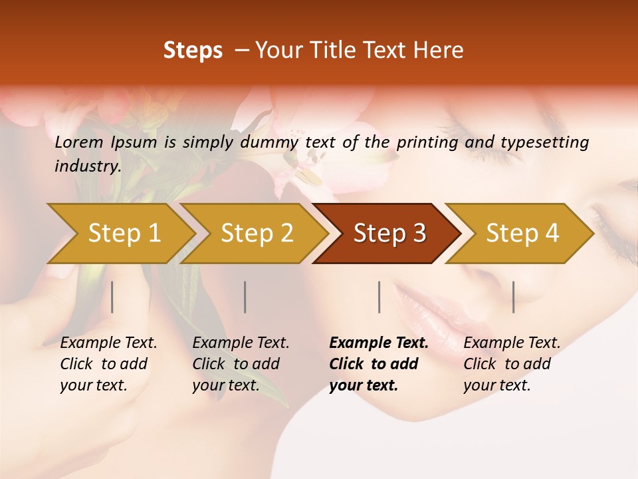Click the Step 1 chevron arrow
coord(124,234)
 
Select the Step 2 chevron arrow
coord(257,234)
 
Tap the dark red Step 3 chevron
coord(389,234)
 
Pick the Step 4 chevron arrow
coord(522,234)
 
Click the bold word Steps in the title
coord(193,51)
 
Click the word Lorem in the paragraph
coord(79,142)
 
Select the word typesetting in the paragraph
coord(543,142)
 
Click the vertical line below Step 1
coord(112,297)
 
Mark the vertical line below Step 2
coord(245,297)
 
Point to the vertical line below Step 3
coord(379,297)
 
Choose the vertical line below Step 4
coord(513,297)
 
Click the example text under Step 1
coord(108,364)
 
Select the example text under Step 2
coord(241,364)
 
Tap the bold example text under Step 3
coord(379,364)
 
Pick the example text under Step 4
coord(512,364)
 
